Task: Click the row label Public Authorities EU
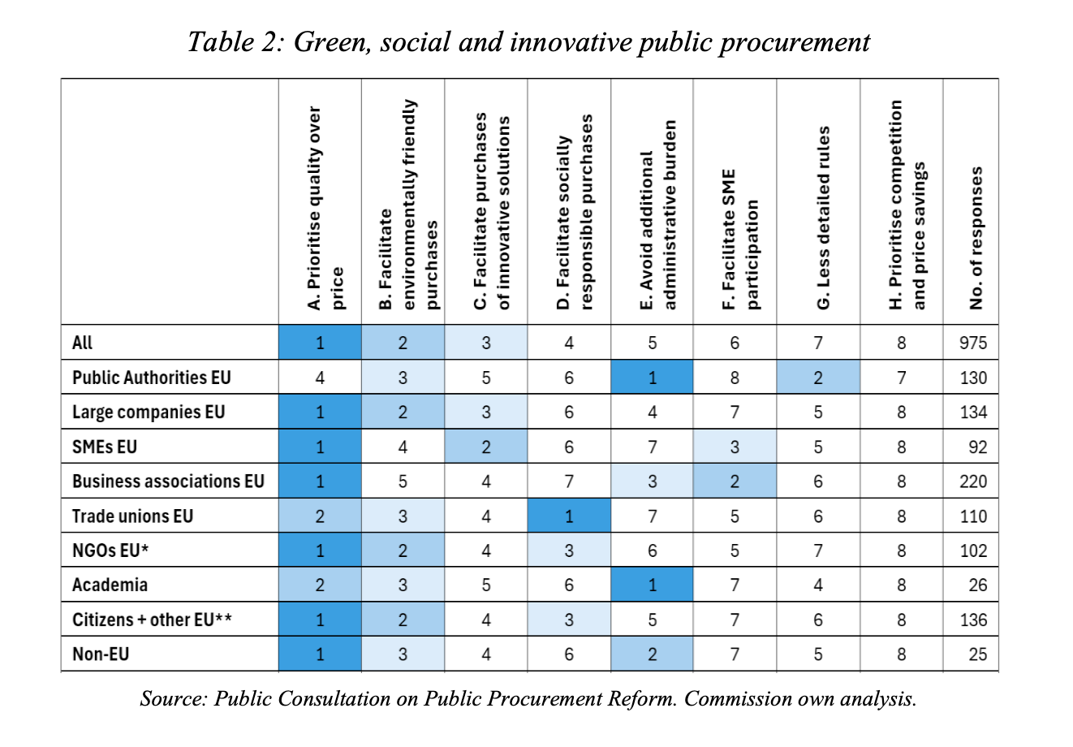[151, 378]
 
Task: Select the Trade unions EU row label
[132, 516]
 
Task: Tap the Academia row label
[110, 585]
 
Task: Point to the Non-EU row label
[101, 654]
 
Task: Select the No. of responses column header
[976, 238]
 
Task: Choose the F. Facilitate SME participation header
[740, 240]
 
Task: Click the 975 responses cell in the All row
[973, 343]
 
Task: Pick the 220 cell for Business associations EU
[973, 481]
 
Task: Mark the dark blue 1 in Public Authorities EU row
[652, 378]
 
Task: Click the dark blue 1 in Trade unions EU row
[569, 516]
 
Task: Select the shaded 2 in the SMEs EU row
[485, 447]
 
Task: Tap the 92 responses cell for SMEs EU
[978, 447]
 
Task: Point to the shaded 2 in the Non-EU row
[652, 654]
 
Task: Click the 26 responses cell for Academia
[978, 585]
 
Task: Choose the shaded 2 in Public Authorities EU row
[818, 378]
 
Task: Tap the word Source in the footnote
[173, 698]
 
